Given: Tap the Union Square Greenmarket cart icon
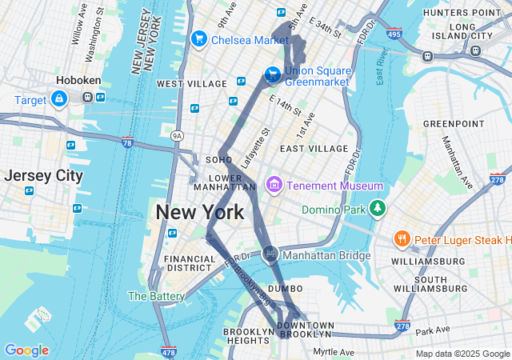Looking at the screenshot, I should pos(273,74).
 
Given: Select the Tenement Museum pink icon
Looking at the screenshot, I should pos(274,186).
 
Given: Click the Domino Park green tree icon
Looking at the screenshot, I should pos(377,210).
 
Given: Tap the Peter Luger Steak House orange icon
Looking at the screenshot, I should pos(402,238).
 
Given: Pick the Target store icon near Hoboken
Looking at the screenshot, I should pos(58,98).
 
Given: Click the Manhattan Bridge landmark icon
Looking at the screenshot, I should pos(270,255).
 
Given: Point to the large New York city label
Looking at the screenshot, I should pos(199,213).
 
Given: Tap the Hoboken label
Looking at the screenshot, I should pos(77,81).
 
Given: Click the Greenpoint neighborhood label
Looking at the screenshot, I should pos(454,124).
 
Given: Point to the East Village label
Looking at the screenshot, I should pos(314,149).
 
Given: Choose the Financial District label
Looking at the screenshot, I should pos(190,263).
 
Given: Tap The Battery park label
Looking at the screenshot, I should pos(150,296).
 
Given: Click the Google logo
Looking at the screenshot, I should pos(26,350).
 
